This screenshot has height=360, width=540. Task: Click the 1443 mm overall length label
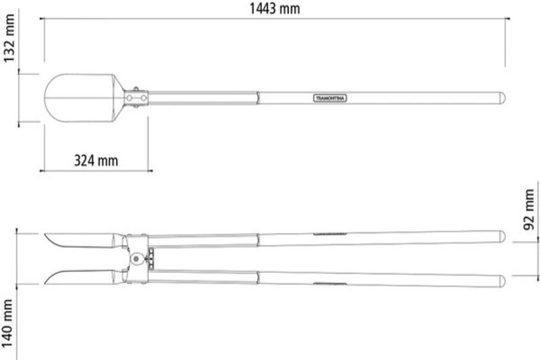(275, 8)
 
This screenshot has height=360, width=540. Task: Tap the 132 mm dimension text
(9, 38)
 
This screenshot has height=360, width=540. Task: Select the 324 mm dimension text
(96, 161)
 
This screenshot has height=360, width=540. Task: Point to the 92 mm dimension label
(529, 209)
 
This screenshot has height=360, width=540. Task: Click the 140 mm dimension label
(7, 323)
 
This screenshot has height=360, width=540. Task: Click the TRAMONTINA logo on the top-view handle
(330, 98)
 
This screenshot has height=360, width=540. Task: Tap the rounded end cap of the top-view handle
(503, 98)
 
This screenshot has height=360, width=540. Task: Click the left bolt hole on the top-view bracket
(129, 98)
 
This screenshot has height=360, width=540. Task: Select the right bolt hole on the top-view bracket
(143, 98)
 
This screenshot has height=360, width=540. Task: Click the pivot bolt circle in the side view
(136, 259)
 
